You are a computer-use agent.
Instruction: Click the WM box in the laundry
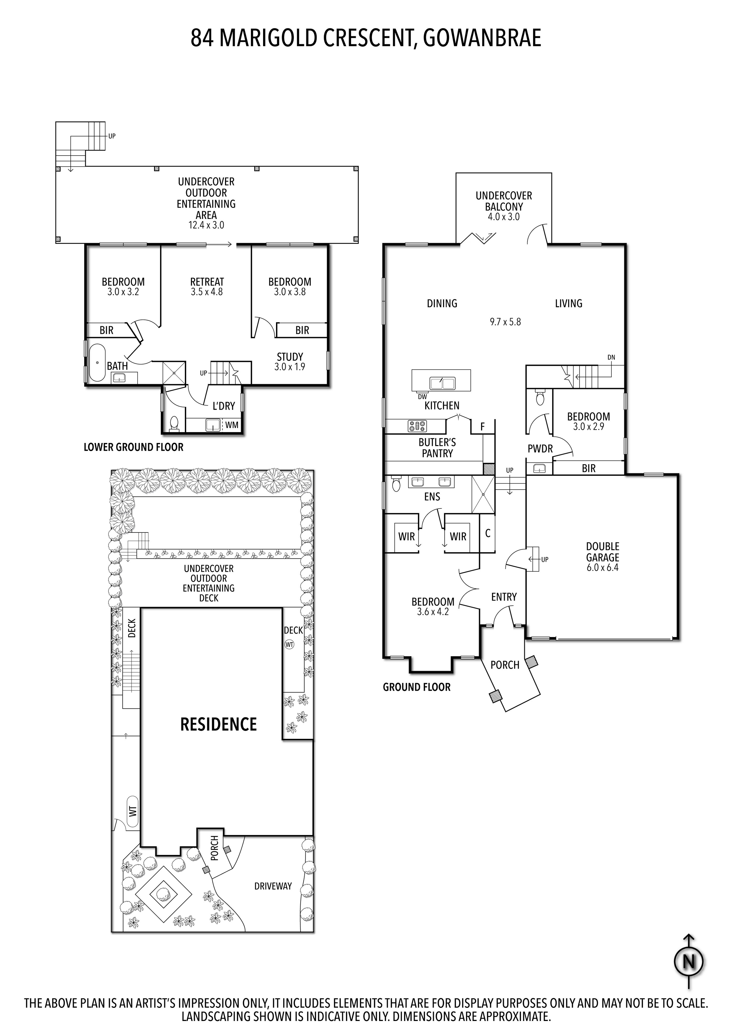tap(231, 425)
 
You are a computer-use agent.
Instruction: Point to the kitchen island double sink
tap(442, 383)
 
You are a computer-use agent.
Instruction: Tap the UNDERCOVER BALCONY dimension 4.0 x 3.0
tap(503, 217)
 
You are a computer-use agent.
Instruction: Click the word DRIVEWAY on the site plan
tap(273, 886)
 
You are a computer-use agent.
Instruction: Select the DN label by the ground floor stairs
tap(611, 357)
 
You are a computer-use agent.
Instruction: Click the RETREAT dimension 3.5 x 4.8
tap(207, 292)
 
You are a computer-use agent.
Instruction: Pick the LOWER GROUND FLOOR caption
tap(134, 447)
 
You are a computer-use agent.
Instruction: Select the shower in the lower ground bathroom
tap(174, 372)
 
